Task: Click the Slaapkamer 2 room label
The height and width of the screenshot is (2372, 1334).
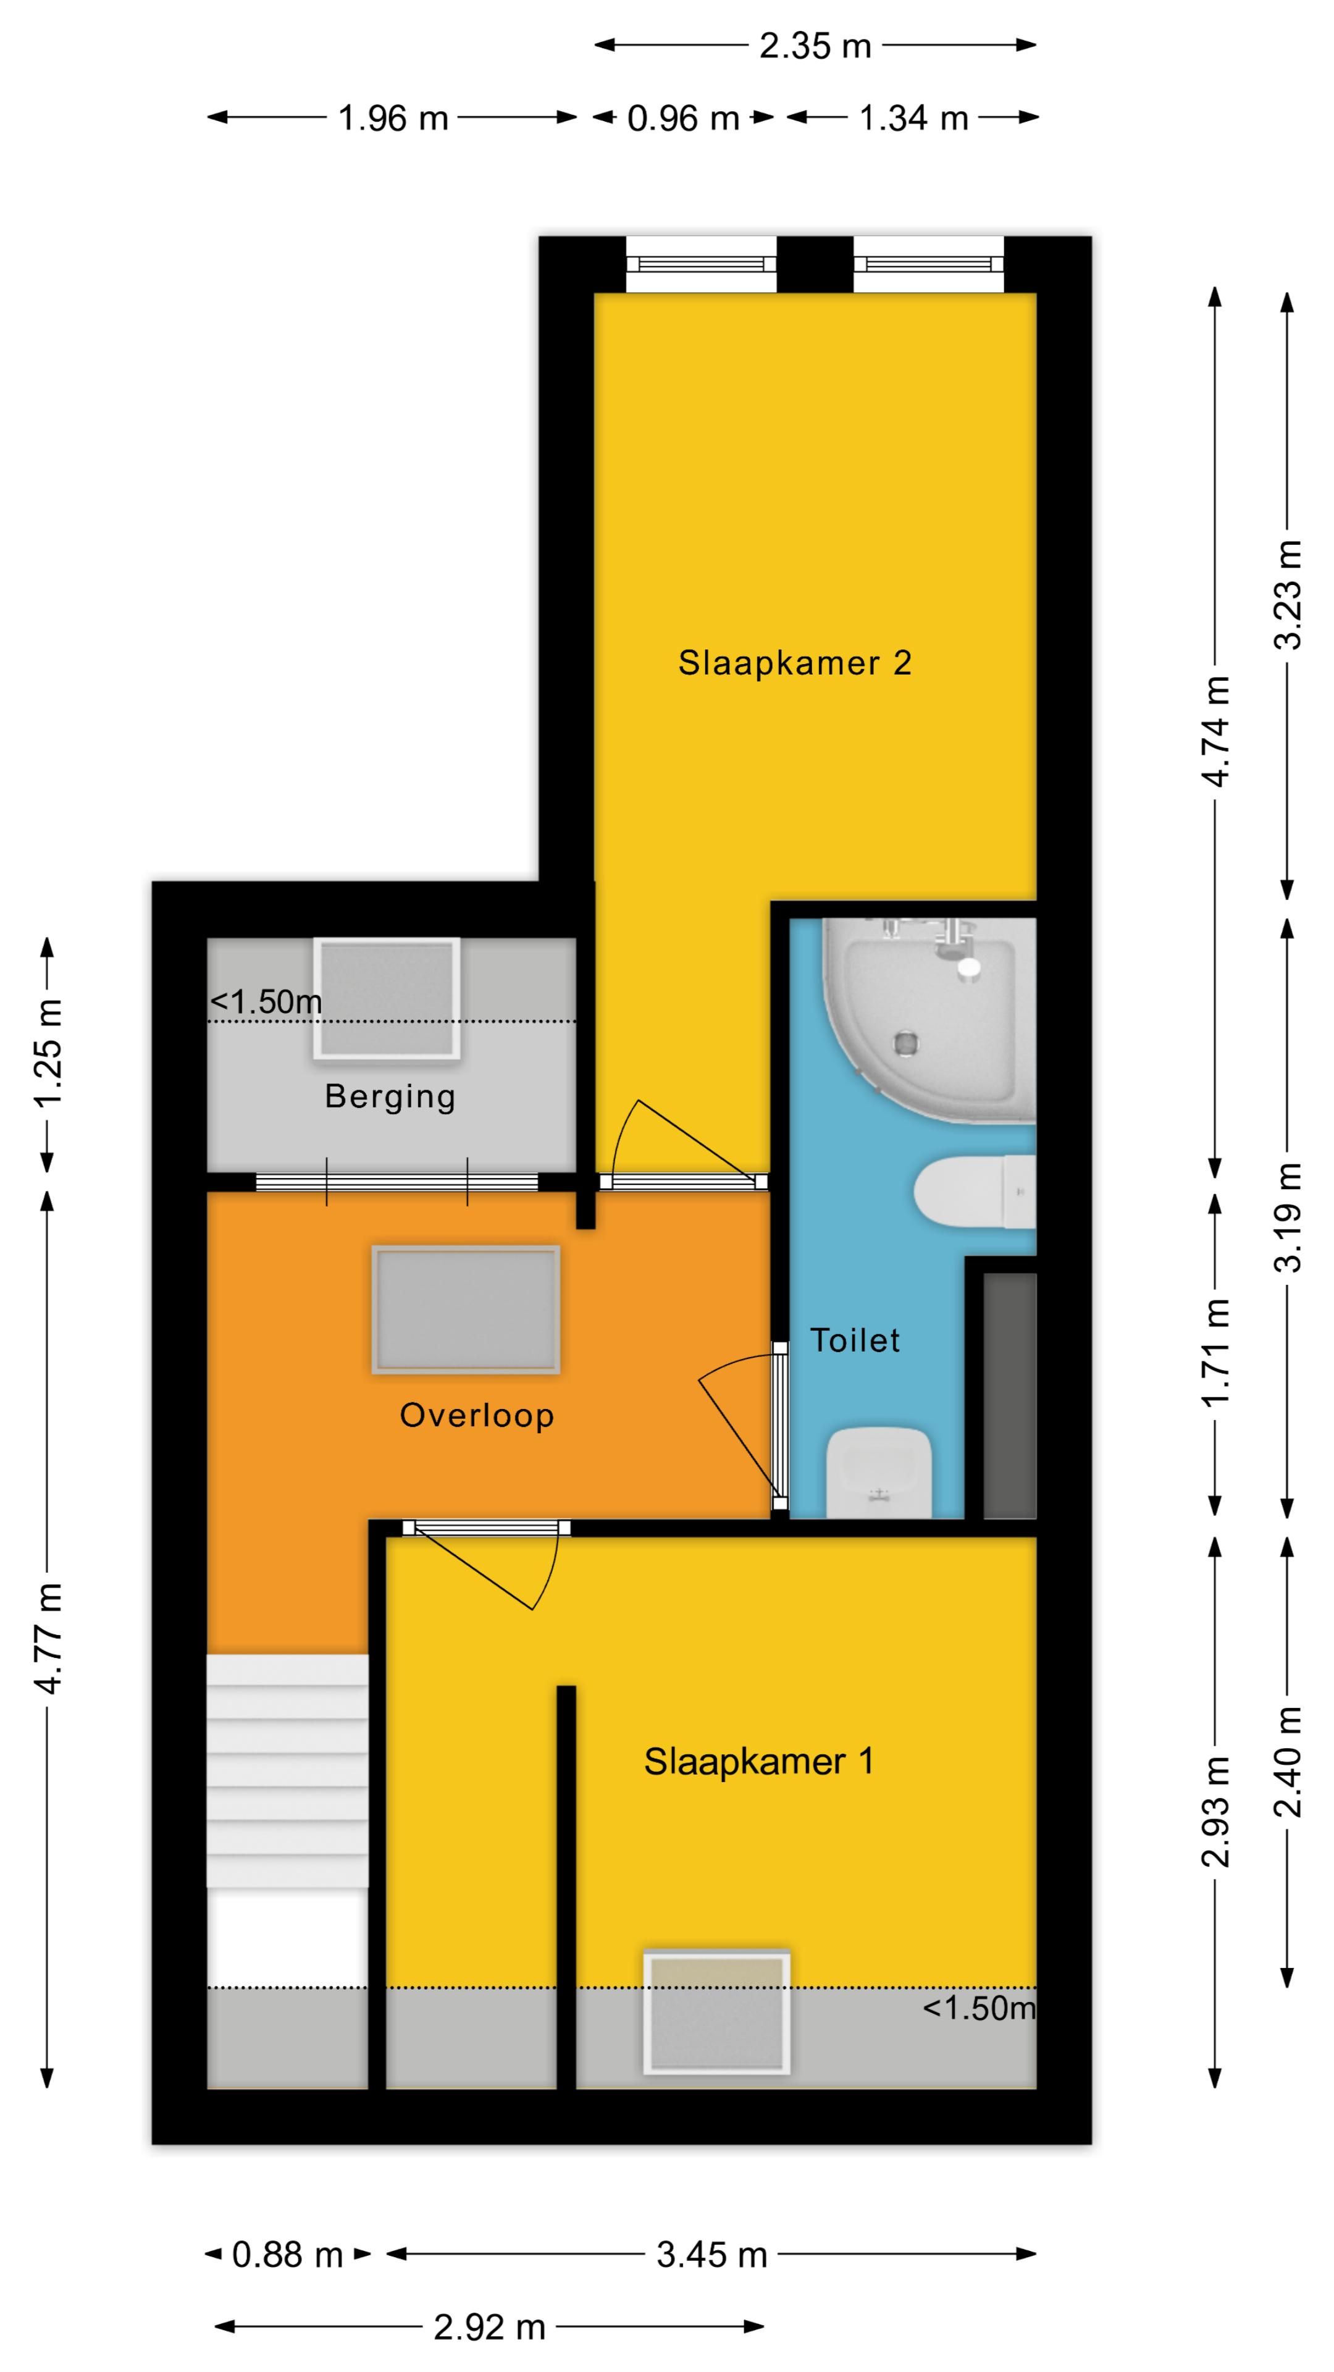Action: click(x=794, y=663)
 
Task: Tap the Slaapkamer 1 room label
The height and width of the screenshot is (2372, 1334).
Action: click(x=758, y=1762)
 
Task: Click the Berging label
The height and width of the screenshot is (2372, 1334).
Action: click(x=390, y=1096)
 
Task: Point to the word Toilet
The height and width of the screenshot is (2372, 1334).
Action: click(x=854, y=1340)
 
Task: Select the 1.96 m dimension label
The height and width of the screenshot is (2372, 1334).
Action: click(x=393, y=118)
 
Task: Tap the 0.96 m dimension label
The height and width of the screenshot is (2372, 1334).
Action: click(x=683, y=118)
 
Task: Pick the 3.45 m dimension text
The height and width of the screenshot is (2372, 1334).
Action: click(x=711, y=2255)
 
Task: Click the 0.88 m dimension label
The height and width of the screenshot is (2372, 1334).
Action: click(x=287, y=2255)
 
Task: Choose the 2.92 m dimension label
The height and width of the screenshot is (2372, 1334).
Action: click(x=490, y=2328)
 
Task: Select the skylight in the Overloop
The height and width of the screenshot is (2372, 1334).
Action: click(x=466, y=1310)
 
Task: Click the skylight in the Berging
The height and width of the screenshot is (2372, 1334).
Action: click(x=386, y=998)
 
